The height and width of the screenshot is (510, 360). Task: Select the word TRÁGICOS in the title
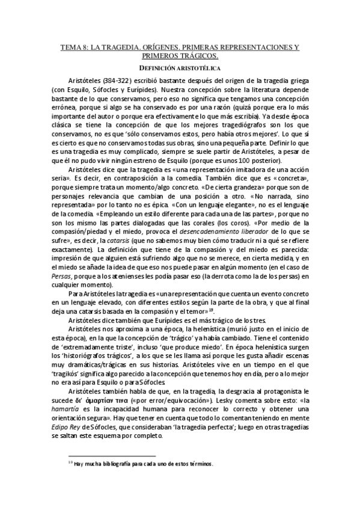pos(201,55)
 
